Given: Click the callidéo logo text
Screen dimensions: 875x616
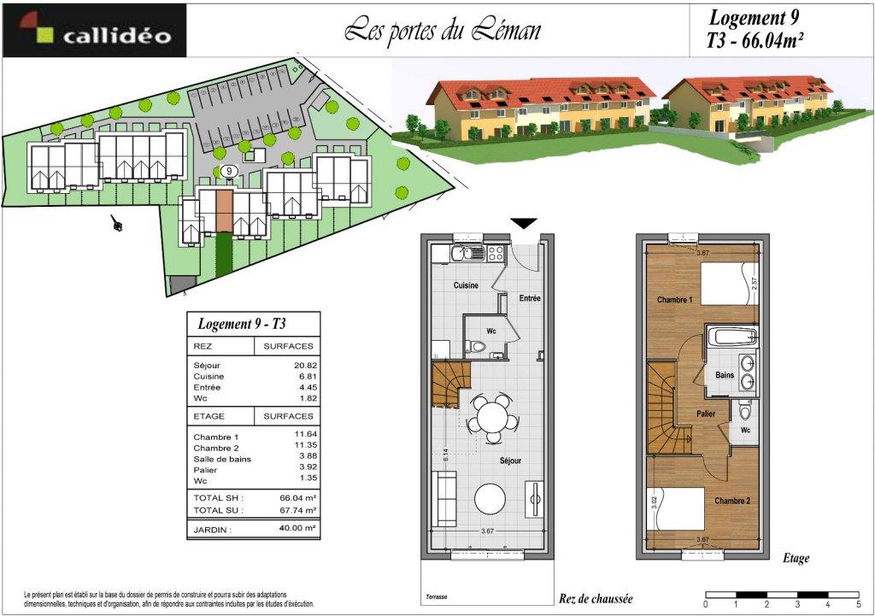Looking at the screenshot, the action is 116,36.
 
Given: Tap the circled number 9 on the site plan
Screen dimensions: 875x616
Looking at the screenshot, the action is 229,171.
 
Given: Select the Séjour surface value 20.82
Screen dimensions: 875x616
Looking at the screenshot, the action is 306,366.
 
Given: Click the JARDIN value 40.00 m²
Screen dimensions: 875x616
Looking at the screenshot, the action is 298,528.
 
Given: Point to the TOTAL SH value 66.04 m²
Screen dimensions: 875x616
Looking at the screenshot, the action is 298,498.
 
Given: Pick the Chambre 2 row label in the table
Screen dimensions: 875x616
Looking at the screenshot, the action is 216,448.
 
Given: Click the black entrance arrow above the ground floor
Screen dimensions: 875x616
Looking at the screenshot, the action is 524,223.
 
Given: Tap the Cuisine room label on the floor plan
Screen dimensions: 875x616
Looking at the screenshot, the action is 466,285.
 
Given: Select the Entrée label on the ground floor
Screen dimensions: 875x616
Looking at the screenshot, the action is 530,298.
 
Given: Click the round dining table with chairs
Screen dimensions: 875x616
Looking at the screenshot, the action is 492,419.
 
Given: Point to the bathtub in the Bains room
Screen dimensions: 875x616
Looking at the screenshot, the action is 731,337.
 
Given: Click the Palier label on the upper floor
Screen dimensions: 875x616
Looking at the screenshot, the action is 706,414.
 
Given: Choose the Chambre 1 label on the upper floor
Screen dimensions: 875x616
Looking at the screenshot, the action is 674,300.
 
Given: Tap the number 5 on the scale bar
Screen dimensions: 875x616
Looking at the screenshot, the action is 858,604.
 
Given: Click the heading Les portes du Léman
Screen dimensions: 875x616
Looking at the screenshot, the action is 442,30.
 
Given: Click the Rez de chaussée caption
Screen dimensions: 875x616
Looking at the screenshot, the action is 596,599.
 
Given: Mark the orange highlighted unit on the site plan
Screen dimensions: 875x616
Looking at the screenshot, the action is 224,211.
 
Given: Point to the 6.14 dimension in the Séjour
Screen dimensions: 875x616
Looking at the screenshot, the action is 445,455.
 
